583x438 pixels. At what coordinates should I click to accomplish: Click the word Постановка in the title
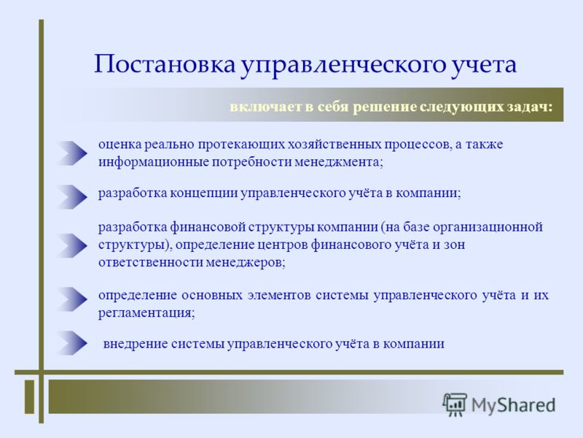click(165, 64)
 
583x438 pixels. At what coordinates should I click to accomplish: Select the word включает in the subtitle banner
click(265, 107)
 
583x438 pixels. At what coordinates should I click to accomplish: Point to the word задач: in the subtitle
click(530, 107)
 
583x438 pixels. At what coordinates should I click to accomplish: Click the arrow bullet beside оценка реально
click(72, 153)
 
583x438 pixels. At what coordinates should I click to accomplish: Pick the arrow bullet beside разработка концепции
click(72, 197)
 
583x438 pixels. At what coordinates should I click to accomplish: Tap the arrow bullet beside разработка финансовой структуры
click(72, 245)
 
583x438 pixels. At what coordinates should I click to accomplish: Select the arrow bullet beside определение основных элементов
click(72, 299)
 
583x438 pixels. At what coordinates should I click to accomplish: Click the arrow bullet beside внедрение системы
click(72, 343)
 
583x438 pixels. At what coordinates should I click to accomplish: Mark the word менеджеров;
click(246, 263)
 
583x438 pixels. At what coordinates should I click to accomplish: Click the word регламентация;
click(146, 313)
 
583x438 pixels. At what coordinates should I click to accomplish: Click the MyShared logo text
click(514, 405)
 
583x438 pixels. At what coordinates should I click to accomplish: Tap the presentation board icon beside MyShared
click(455, 404)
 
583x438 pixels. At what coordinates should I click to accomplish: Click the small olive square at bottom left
click(29, 396)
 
